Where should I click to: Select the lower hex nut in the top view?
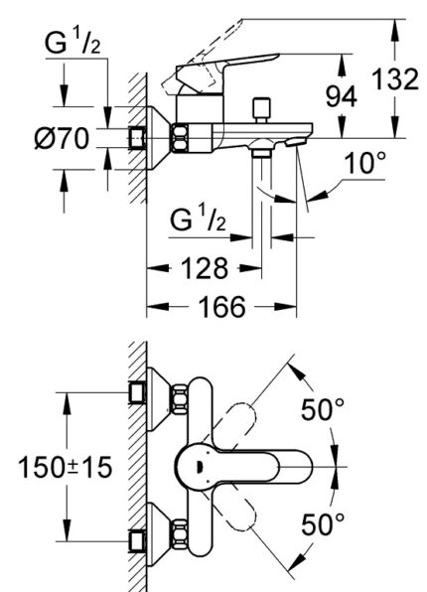pyautogui.click(x=181, y=534)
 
